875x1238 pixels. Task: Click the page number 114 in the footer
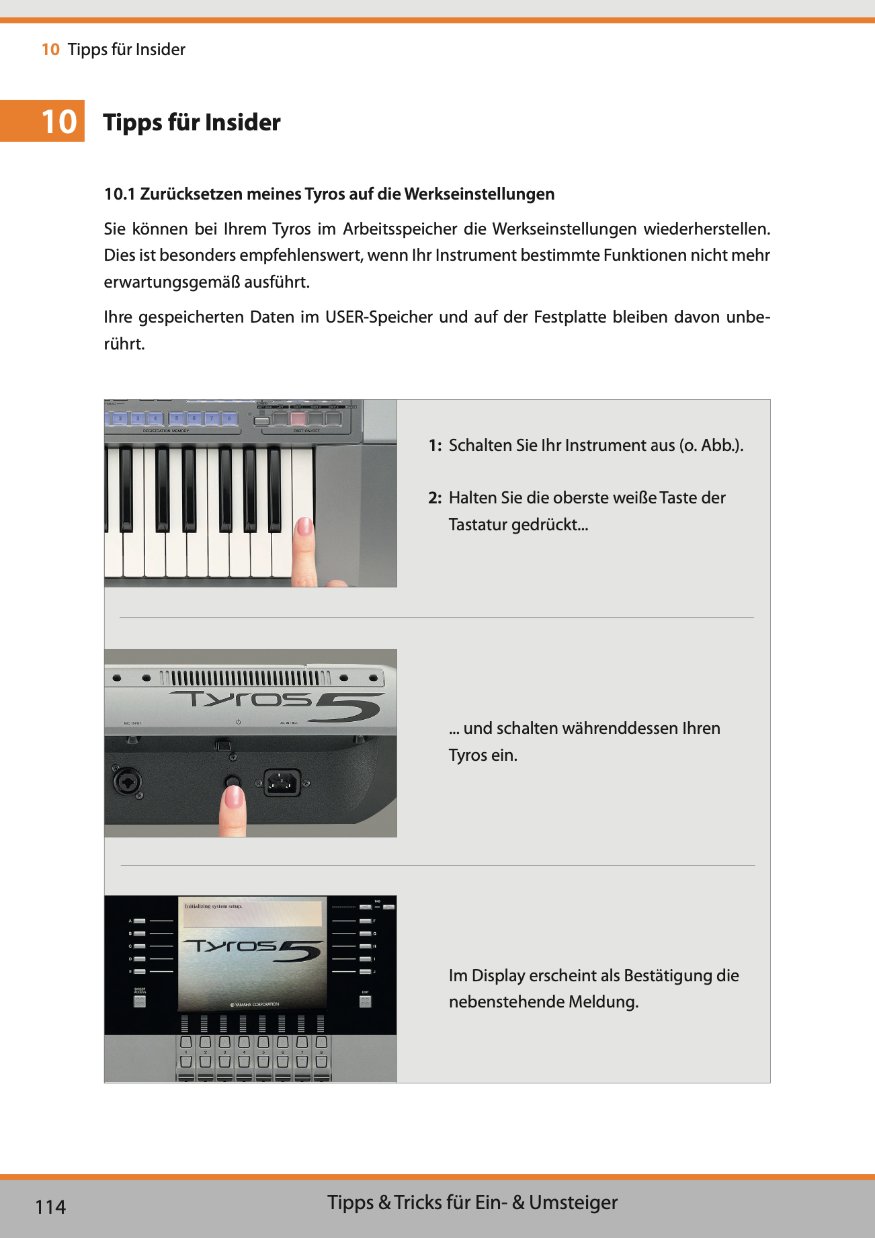(50, 1207)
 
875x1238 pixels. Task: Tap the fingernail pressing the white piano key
(304, 526)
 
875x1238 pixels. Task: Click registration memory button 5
(177, 419)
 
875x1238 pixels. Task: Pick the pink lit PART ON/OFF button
(298, 419)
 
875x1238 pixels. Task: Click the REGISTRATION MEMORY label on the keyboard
(165, 431)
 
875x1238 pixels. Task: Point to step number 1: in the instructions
(435, 446)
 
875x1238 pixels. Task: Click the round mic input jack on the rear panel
(127, 782)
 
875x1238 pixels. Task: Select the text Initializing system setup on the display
(213, 906)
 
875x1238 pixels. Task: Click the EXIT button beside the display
(365, 1001)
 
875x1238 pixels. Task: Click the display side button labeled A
(140, 921)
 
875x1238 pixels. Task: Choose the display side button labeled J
(365, 972)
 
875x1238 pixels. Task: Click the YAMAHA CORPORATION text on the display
(255, 1004)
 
